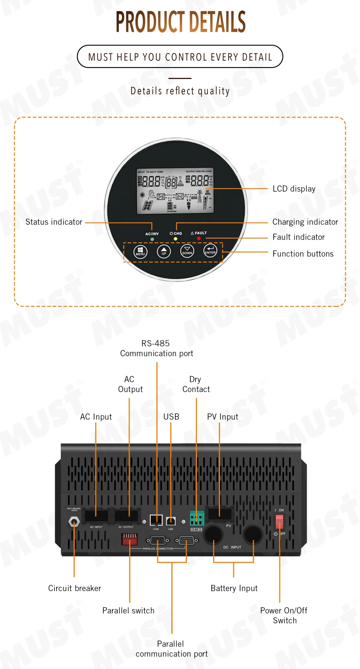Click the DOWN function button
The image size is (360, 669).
point(187,251)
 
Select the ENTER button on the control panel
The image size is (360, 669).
point(210,250)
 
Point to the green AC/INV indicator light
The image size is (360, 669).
point(152,239)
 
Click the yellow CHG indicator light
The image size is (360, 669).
point(175,239)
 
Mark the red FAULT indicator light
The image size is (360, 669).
point(199,238)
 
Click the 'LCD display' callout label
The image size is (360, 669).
point(294,189)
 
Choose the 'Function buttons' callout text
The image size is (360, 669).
point(303,254)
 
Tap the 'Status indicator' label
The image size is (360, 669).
point(54,222)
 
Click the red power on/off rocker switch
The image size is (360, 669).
point(279,521)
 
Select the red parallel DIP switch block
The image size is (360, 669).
point(130,539)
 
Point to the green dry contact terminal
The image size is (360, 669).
point(197,518)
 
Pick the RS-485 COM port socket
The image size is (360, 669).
point(156,520)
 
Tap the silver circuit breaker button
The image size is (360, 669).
point(74,522)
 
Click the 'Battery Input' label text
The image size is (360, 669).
point(234,588)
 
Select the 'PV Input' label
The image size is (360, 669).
point(222,417)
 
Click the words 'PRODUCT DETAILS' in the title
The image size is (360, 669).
point(180,22)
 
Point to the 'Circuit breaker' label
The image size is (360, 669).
point(75,588)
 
